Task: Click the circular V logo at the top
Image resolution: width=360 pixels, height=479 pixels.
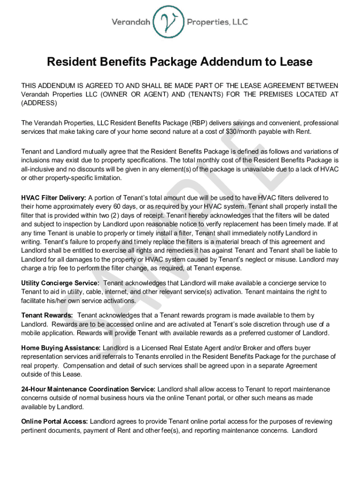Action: [170, 22]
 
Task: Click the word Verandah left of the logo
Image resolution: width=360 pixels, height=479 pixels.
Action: [132, 22]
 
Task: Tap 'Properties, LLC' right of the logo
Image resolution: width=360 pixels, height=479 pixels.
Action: [217, 22]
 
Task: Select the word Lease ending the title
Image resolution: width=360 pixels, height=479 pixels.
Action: [295, 62]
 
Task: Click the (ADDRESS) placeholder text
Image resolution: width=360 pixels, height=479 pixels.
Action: [39, 102]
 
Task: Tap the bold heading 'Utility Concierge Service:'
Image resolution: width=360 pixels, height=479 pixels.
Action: [60, 283]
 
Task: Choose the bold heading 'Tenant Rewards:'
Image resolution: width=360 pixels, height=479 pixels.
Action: [47, 316]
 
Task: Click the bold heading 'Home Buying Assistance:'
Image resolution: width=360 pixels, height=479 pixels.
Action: [61, 348]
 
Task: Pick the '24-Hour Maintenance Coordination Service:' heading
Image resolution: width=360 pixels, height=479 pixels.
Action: [88, 389]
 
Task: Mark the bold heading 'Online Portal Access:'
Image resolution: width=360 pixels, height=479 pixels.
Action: [55, 421]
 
